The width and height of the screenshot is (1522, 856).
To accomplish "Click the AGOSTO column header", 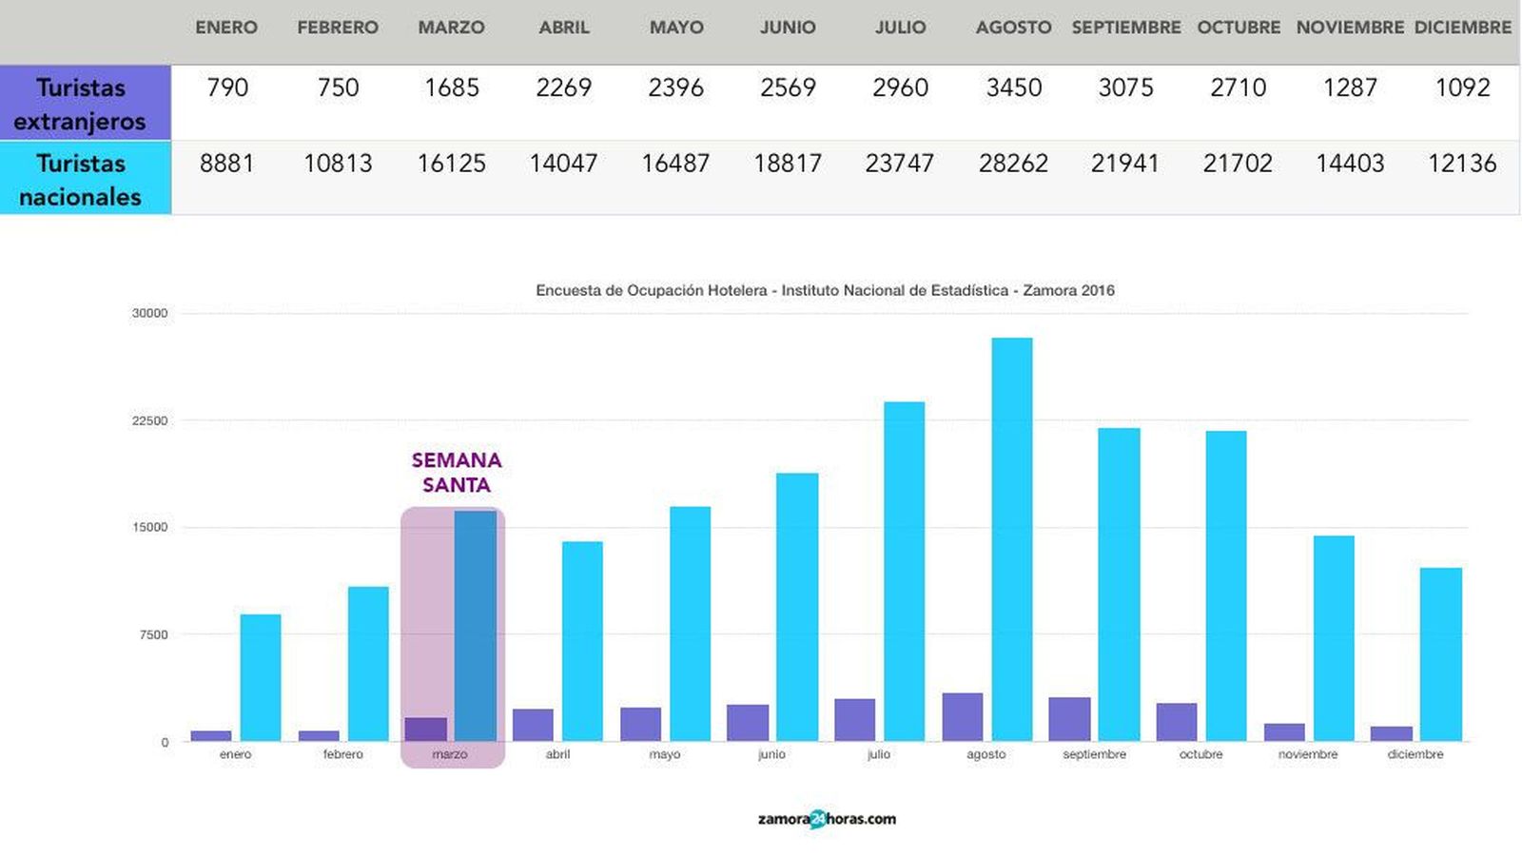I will [x=1013, y=28].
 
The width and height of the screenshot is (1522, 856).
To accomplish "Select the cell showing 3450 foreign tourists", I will [x=1013, y=88].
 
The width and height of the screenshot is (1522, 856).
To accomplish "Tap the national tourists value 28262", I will [x=1013, y=164].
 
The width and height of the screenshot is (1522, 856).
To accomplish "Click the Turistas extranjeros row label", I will [x=81, y=104].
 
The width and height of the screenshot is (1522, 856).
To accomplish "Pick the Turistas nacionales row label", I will [x=81, y=180].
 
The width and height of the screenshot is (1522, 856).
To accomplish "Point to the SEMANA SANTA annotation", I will [x=457, y=473].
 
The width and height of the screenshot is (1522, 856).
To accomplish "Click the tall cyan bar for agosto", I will [x=1012, y=538].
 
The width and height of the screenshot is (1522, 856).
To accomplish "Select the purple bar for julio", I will [x=854, y=720].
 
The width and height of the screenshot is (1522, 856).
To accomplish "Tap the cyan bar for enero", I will [x=261, y=677].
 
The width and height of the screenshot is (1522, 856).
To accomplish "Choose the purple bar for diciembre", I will [x=1392, y=733].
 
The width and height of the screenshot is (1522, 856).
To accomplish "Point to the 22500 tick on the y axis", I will [x=149, y=420].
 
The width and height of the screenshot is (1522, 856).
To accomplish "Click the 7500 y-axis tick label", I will [x=153, y=634].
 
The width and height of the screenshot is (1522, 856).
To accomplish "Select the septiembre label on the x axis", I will [x=1094, y=754].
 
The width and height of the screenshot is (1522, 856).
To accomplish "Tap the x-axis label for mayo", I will [x=665, y=754].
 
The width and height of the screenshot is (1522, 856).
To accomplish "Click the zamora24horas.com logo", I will [x=827, y=819].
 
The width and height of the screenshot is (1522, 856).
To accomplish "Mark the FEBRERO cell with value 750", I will [x=338, y=88].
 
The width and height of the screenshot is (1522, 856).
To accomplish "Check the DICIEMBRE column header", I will [x=1462, y=28].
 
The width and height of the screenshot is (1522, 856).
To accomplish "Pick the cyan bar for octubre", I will [x=1226, y=586].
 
